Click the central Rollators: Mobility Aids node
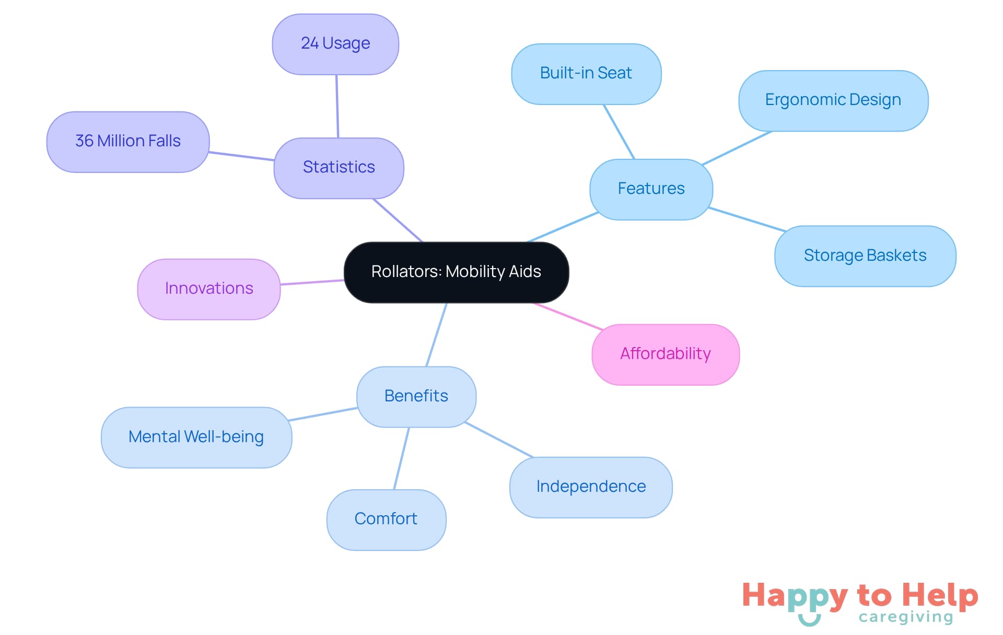tap(456, 272)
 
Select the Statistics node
tap(339, 168)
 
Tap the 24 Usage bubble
tap(335, 44)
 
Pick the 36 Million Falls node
tap(128, 142)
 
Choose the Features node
tap(651, 189)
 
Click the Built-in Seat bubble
tap(586, 74)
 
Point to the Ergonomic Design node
tap(833, 100)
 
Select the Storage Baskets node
tap(865, 256)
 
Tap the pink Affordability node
tap(666, 354)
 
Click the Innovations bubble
tap(209, 289)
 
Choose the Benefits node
tap(416, 397)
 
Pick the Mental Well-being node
tap(196, 437)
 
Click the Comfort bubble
tap(386, 519)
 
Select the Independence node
tap(591, 487)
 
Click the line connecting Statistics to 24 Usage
tap(337, 107)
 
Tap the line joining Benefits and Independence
tap(499, 440)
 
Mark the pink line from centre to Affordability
tap(568, 316)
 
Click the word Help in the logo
tap(940, 596)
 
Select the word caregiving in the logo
tap(906, 617)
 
